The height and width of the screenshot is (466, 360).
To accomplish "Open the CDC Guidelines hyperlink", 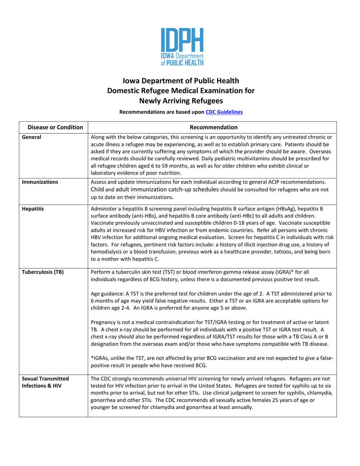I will (x=224, y=112).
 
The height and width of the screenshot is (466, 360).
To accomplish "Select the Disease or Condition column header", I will (x=53, y=127).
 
